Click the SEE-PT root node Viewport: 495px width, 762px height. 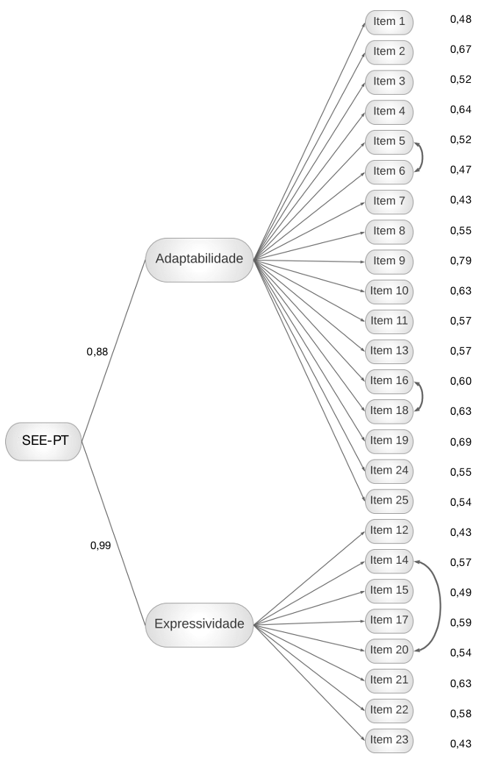[44, 441]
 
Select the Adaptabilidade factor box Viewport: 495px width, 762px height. [199, 260]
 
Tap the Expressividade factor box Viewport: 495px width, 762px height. [199, 625]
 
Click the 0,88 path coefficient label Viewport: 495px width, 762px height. [97, 352]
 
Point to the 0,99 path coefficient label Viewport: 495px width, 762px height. [101, 545]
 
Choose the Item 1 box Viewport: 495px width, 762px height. [389, 22]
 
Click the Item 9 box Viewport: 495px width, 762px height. [389, 262]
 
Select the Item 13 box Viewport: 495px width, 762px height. [389, 352]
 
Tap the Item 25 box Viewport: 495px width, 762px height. [389, 501]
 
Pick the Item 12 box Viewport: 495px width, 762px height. [389, 531]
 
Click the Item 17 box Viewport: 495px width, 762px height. [389, 621]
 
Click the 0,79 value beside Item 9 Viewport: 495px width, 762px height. [460, 261]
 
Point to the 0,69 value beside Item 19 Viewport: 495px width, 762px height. [460, 442]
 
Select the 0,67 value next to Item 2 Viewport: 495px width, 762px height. [460, 50]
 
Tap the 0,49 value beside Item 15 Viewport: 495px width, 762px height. [460, 593]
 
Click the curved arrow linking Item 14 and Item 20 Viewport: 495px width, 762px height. [441, 606]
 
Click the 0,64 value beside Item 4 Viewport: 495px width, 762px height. [460, 110]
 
